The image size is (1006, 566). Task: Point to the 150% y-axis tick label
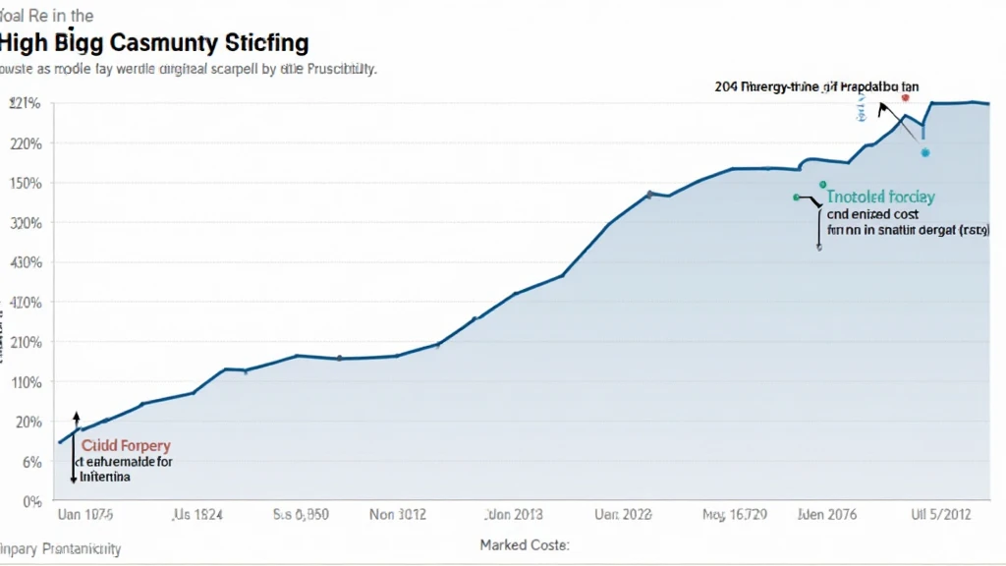coord(26,184)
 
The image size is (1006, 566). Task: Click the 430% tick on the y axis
coord(26,263)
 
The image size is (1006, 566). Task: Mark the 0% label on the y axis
coord(30,501)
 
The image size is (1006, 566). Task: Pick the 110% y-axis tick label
coord(26,382)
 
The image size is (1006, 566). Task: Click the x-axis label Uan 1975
coord(85,514)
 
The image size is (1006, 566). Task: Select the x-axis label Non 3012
coord(399,514)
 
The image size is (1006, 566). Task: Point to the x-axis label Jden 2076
coord(828,514)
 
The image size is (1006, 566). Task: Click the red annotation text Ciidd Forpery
coord(126,446)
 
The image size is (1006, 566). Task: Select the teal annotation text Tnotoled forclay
coord(880,197)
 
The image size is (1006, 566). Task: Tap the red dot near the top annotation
coord(905,98)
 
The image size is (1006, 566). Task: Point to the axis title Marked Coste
coord(525,544)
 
